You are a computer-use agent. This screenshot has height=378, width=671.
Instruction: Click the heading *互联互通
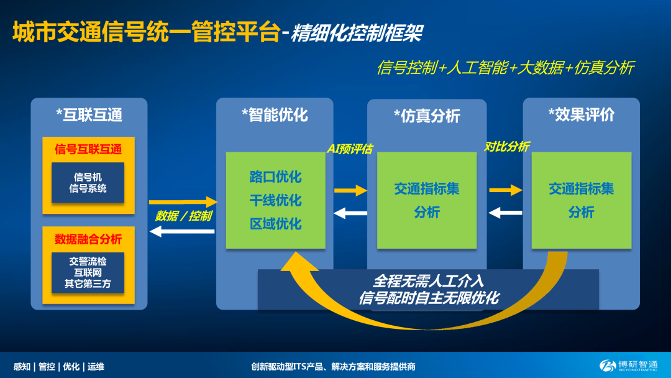89,115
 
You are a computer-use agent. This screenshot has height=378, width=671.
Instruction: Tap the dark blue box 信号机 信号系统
88,183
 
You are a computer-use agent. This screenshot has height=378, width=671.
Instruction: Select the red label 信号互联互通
88,149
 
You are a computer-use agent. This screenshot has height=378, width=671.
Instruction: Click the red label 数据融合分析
88,239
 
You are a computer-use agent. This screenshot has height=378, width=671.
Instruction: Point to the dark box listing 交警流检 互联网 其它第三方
88,273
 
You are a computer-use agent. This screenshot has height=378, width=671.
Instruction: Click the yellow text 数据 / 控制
183,216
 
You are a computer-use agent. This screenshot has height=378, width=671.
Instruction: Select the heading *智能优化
275,115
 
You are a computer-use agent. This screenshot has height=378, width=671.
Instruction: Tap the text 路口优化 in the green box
276,177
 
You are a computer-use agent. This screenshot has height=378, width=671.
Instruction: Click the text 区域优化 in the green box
276,223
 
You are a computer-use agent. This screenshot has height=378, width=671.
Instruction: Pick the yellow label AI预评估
350,149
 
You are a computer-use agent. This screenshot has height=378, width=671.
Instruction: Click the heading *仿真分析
427,116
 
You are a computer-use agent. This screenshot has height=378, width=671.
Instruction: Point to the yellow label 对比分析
507,146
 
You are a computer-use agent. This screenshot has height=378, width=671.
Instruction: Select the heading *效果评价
581,115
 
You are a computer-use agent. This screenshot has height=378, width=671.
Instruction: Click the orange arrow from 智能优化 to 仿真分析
350,190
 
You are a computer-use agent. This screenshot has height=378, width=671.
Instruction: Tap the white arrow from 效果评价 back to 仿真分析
505,213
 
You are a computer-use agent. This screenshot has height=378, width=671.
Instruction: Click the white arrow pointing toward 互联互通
182,232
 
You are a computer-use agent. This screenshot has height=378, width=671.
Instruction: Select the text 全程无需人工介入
428,281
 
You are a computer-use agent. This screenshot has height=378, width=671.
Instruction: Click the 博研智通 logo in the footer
628,366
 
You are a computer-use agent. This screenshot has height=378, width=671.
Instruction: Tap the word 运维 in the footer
96,366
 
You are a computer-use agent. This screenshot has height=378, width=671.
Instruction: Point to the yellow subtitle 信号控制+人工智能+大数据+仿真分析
505,68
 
